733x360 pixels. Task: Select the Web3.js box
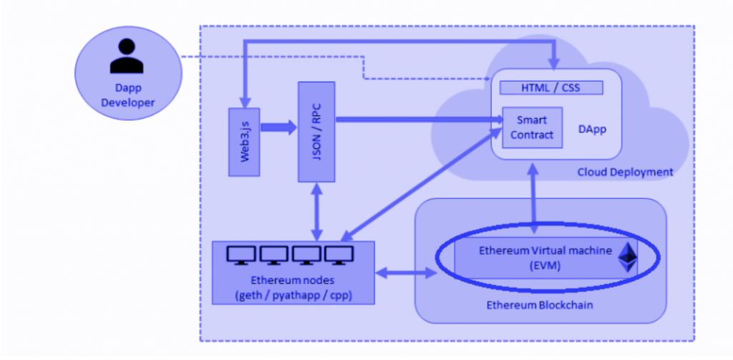pyautogui.click(x=243, y=142)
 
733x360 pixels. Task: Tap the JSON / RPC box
pyautogui.click(x=316, y=131)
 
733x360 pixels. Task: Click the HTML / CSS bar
pyautogui.click(x=550, y=87)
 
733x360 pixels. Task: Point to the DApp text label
pyautogui.click(x=592, y=130)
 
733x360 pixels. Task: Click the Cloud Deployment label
pyautogui.click(x=625, y=172)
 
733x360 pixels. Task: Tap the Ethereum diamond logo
pyautogui.click(x=628, y=258)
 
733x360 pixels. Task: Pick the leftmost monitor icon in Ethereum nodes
pyautogui.click(x=240, y=255)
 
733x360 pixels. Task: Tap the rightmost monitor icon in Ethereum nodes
pyautogui.click(x=339, y=255)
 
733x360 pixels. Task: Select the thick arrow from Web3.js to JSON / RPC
pyautogui.click(x=278, y=128)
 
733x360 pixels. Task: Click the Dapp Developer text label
pyautogui.click(x=128, y=96)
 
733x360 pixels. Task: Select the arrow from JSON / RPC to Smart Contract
pyautogui.click(x=415, y=119)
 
